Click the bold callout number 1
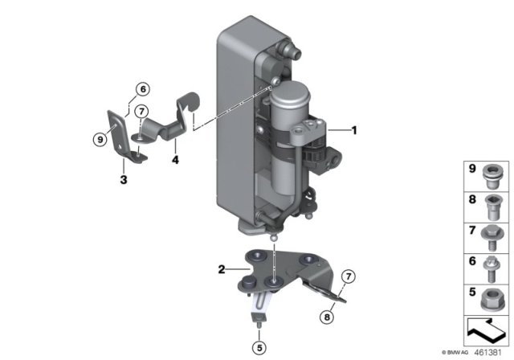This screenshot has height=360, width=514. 354,130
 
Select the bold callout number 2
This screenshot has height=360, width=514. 222,269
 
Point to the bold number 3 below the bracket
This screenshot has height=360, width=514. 124,180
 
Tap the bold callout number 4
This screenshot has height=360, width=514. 175,160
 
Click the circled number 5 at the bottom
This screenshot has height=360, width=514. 259,348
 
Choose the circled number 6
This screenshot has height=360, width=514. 143,89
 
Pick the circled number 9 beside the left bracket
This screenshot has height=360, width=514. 100,140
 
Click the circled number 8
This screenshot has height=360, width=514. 327,317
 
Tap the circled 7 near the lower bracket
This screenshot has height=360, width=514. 349,276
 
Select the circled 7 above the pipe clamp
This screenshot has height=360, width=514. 141,112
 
